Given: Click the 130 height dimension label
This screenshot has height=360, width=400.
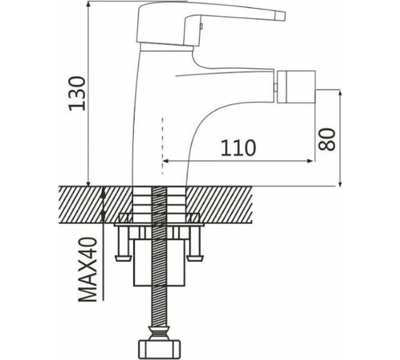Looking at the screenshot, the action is pos(77,94).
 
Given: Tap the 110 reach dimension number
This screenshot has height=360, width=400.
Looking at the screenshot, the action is pos(238,148).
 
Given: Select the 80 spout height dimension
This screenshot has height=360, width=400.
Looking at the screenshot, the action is pos(326,139).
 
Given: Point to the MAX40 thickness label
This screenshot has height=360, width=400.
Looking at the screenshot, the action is pos(88,269).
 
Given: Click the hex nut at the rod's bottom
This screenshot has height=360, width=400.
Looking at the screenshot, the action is pos(160,349).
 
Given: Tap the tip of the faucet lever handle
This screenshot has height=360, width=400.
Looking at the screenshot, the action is pos(284,16).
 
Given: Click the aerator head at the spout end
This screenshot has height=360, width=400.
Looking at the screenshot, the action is pos(296,86).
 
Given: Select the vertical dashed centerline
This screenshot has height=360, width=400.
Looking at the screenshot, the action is pos(162,146).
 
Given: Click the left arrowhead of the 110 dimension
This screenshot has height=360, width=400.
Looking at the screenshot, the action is pos(165,161).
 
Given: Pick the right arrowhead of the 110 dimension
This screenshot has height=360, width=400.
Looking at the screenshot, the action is pos(310,161).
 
